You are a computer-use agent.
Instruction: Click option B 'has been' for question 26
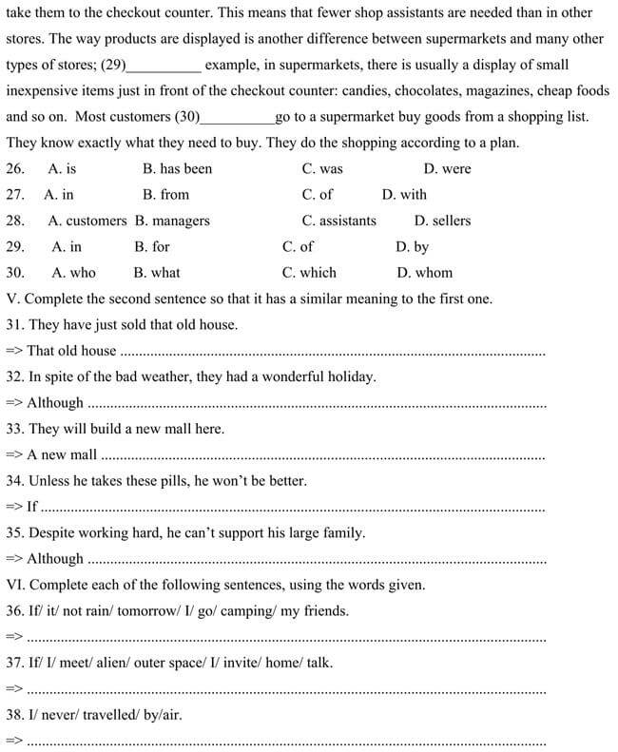(x=177, y=169)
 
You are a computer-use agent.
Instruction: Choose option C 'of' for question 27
(x=318, y=195)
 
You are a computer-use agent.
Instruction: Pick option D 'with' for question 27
(x=404, y=195)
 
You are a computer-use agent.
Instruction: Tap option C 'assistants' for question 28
(x=338, y=221)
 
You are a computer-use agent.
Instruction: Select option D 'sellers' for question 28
(x=442, y=221)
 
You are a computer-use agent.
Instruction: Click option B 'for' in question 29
(x=152, y=246)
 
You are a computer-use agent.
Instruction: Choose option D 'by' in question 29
(x=412, y=246)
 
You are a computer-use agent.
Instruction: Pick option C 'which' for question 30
(x=309, y=272)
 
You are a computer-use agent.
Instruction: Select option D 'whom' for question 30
(x=424, y=272)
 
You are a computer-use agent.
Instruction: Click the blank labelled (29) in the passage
(x=164, y=67)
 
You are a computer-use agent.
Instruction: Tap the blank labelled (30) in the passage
(x=237, y=118)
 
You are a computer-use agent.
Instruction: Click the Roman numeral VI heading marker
(x=15, y=585)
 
